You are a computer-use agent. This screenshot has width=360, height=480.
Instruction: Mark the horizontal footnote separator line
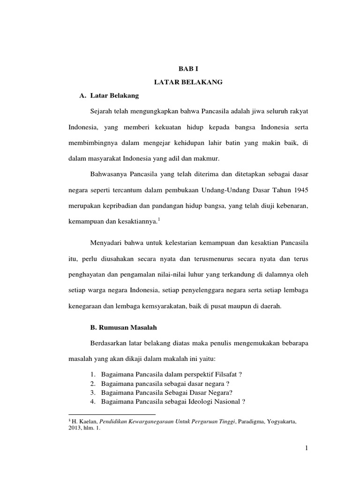[112, 414]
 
